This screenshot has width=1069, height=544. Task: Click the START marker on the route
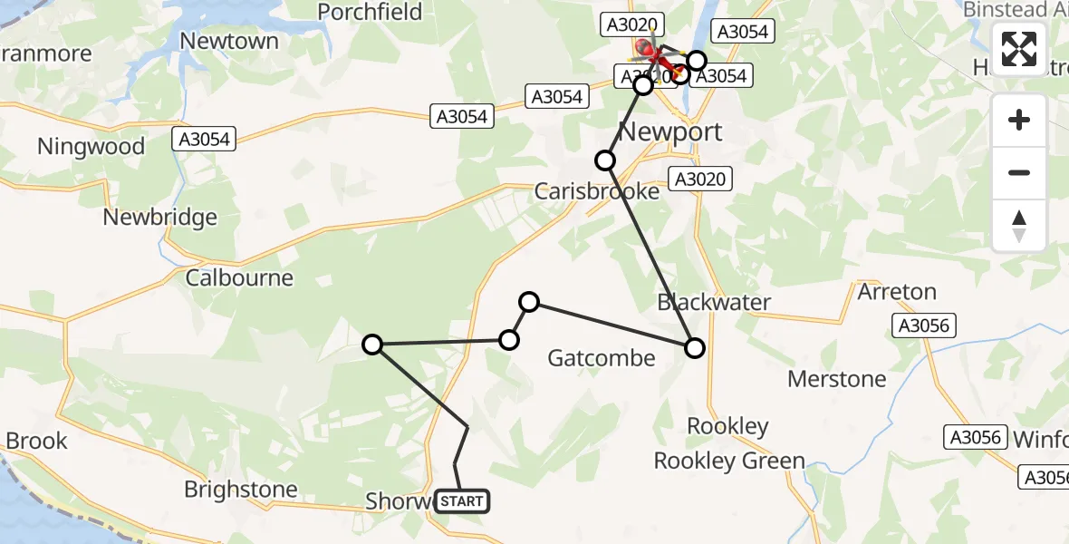click(x=462, y=501)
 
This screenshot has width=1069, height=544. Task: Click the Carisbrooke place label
click(x=596, y=192)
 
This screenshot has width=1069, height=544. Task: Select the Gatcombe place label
click(x=602, y=358)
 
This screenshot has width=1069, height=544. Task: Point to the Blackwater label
click(x=714, y=302)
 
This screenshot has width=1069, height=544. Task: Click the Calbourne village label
click(x=239, y=277)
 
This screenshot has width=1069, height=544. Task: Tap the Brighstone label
click(x=240, y=490)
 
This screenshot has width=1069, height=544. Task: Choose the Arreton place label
click(x=897, y=292)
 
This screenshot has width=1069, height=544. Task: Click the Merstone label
click(x=837, y=378)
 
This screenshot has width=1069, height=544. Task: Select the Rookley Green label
click(x=729, y=461)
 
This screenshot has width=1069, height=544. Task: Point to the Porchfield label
click(x=371, y=12)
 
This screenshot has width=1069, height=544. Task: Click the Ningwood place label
click(x=91, y=147)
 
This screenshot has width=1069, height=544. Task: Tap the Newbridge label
click(x=160, y=218)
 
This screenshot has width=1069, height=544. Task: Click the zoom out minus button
click(x=1019, y=172)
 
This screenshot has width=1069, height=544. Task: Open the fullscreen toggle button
click(x=1019, y=49)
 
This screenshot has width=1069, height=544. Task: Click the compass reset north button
click(x=1019, y=225)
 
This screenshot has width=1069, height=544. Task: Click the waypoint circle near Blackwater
click(x=695, y=347)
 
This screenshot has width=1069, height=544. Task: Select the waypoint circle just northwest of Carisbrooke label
click(x=604, y=160)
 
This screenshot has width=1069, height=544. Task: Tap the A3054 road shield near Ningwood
click(x=203, y=139)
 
